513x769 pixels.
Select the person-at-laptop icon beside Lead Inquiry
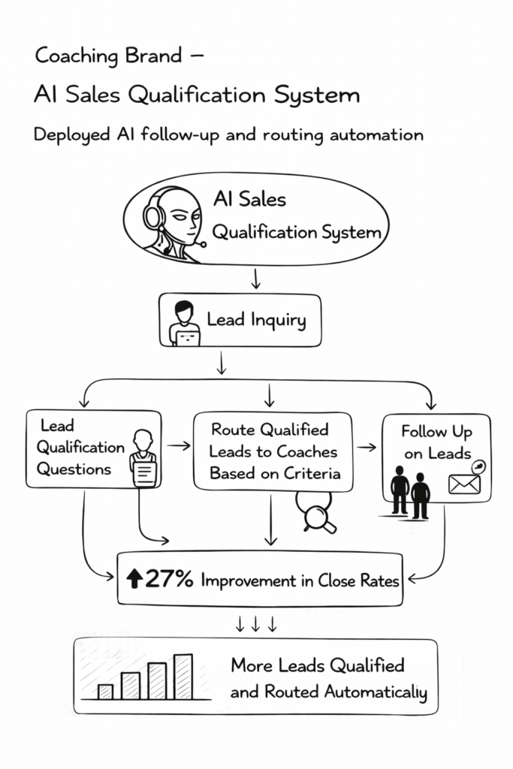[184, 324]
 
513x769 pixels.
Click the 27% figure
[170, 579]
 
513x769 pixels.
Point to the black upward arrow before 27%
[135, 579]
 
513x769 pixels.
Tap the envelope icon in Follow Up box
[464, 484]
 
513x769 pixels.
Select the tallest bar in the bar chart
[183, 677]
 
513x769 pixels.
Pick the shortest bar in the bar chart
[106, 691]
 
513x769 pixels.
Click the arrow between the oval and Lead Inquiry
[255, 279]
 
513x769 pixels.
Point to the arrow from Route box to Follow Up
[367, 448]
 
